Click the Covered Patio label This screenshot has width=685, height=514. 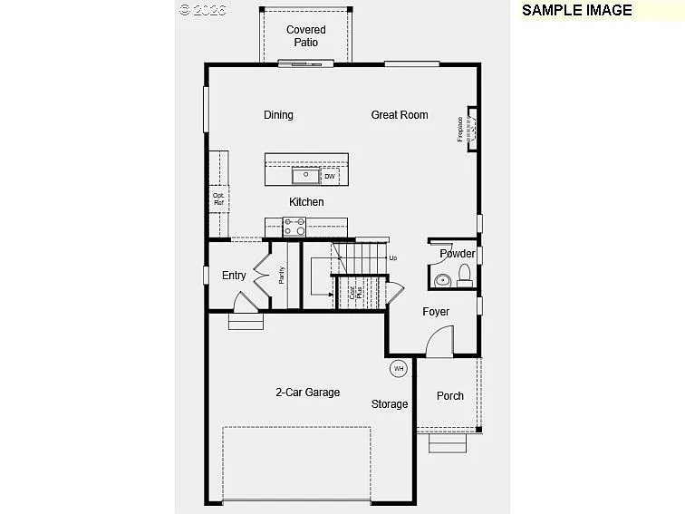point(305,36)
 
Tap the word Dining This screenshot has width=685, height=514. point(278,115)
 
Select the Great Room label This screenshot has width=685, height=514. point(399,115)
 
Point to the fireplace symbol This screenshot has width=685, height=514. point(471,130)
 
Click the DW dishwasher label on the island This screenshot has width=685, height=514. point(329,176)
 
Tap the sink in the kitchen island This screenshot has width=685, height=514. point(305,175)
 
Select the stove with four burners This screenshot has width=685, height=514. point(295,227)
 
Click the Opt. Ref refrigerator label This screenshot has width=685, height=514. point(218,199)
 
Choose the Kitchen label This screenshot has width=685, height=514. point(306,202)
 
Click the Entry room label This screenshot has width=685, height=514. point(234,276)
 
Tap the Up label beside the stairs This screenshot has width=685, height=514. point(392,258)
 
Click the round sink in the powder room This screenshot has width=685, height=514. point(443,280)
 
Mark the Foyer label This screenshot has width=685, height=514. point(436,312)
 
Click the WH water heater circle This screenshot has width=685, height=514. point(399,368)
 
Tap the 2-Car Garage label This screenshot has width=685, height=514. point(307,393)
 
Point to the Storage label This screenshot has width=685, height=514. point(390,404)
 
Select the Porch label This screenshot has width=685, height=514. point(450,396)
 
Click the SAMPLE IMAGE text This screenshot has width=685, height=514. point(576,10)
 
